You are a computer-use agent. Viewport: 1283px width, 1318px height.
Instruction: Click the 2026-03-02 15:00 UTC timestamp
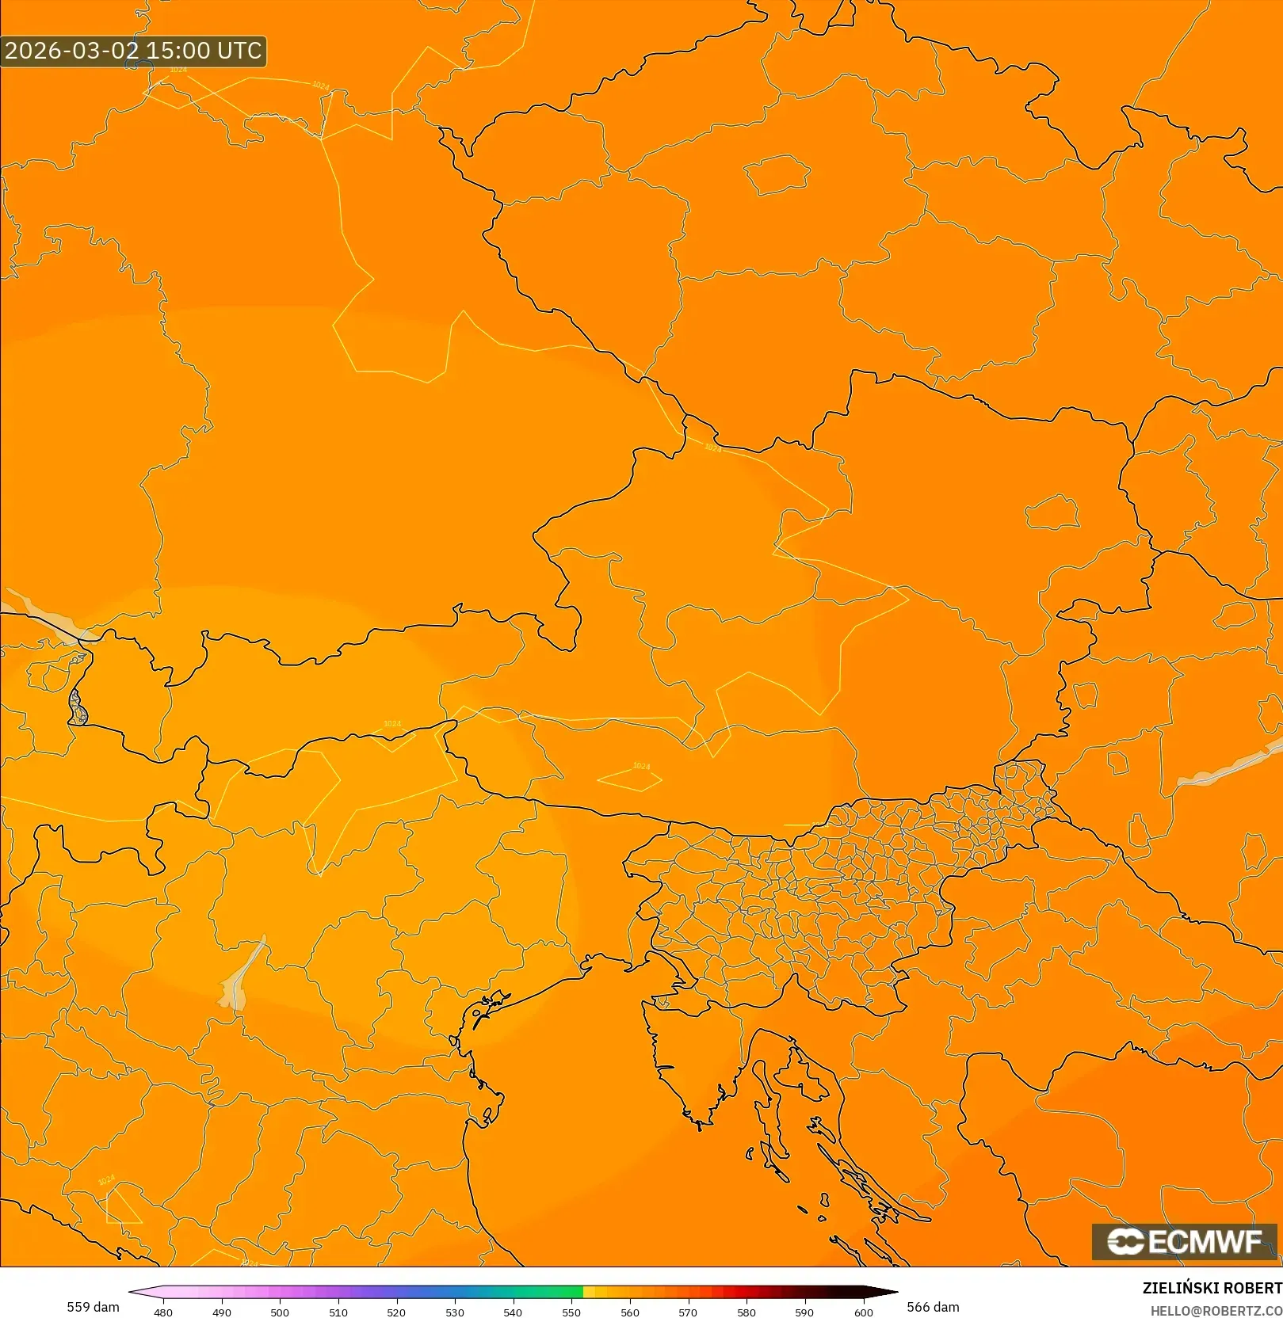133,51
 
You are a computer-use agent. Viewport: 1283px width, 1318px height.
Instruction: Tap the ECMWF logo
1185,1241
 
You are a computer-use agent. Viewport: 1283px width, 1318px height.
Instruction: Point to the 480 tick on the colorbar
163,1312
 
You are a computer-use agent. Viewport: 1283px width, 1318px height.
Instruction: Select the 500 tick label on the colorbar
280,1312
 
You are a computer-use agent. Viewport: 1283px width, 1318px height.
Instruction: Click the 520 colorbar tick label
396,1312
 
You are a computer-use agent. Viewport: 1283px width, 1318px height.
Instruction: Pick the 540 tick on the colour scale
513,1312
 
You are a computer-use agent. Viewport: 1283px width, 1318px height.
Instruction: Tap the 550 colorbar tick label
571,1312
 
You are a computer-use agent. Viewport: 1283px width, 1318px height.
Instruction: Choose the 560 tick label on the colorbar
630,1312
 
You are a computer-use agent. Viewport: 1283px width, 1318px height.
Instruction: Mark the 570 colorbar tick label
688,1312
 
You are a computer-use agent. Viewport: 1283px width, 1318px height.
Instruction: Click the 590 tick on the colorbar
804,1312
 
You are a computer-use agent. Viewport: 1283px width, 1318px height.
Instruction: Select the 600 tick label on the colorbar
863,1312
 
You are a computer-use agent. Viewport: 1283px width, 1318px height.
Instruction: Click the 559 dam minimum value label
94,1306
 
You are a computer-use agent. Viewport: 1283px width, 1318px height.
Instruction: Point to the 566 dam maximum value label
933,1306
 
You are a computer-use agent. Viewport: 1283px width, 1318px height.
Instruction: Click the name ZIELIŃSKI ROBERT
1212,1288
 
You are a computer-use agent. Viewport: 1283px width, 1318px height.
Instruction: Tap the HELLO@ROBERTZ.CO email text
1216,1311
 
